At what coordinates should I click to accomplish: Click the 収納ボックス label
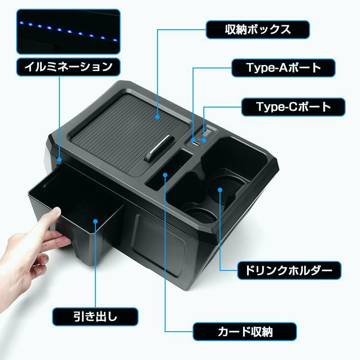258,30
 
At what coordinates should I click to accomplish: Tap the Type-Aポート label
283,68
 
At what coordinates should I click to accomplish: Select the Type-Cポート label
293,107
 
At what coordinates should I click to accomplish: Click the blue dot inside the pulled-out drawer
96,221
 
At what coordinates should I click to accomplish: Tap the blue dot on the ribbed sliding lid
158,117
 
